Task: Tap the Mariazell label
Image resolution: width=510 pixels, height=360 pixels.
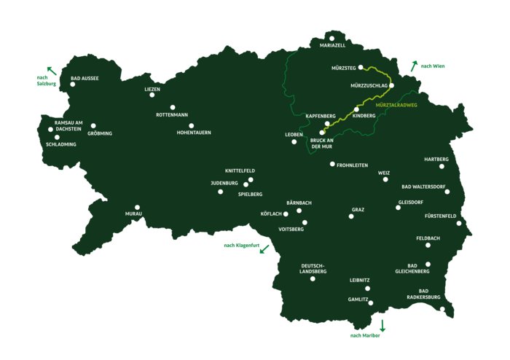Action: pyautogui.click(x=331, y=45)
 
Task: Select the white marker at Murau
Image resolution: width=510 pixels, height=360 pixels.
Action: pyautogui.click(x=137, y=207)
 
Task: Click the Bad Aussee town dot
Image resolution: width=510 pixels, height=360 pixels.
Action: pyautogui.click(x=73, y=85)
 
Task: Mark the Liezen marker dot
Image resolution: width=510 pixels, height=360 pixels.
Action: pyautogui.click(x=152, y=95)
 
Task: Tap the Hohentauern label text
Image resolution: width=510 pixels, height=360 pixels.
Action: pyautogui.click(x=194, y=133)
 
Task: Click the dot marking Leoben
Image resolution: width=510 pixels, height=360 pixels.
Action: pyautogui.click(x=294, y=141)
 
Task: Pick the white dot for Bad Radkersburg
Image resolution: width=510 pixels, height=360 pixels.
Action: pyautogui.click(x=442, y=310)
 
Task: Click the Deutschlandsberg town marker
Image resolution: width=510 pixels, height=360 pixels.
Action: pyautogui.click(x=313, y=279)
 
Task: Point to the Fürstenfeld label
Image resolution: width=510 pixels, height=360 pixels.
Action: pyautogui.click(x=440, y=216)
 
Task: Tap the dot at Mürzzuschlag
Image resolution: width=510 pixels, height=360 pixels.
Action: pyautogui.click(x=391, y=85)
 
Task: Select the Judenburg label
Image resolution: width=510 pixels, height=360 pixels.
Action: pyautogui.click(x=224, y=183)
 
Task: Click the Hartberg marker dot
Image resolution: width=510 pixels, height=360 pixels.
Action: pyautogui.click(x=442, y=166)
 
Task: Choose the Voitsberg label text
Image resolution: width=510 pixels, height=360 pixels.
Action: pyautogui.click(x=291, y=230)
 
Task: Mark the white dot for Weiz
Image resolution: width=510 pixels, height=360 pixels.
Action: pyautogui.click(x=385, y=179)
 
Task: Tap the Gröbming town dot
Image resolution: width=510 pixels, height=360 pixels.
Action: pyautogui.click(x=93, y=126)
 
